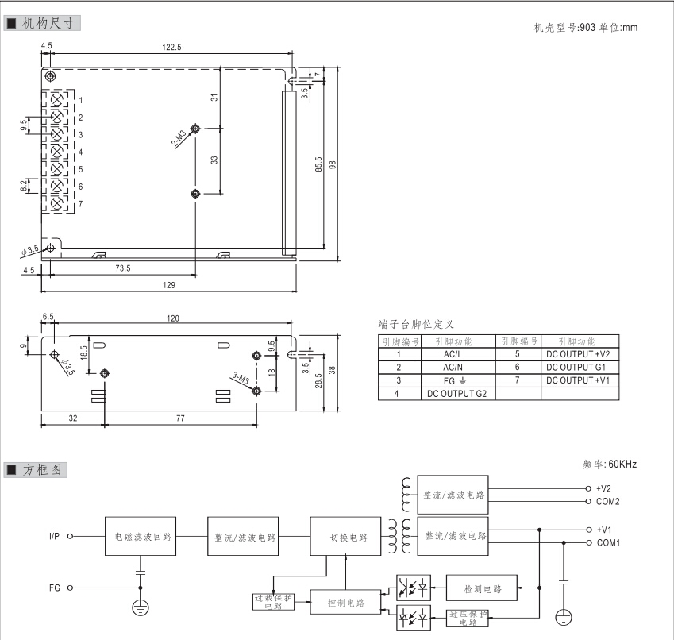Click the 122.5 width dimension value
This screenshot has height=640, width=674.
(172, 48)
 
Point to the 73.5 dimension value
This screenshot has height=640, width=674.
(122, 268)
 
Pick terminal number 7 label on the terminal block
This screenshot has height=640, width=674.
(80, 203)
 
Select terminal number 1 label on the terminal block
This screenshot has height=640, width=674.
(80, 100)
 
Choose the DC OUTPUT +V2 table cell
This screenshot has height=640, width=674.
(577, 354)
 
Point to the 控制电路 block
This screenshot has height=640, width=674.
(345, 603)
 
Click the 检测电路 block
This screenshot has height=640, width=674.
(482, 589)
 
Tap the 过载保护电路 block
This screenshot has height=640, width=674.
(273, 602)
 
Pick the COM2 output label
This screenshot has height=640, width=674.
(607, 501)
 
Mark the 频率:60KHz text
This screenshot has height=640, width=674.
(610, 464)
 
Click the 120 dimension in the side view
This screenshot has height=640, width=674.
(172, 318)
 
